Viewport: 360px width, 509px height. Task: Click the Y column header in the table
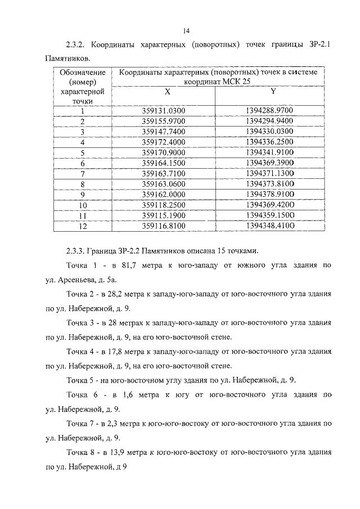pyautogui.click(x=273, y=91)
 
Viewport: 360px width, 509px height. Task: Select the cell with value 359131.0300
pyautogui.click(x=164, y=111)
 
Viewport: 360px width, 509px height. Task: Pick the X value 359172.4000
pyautogui.click(x=164, y=142)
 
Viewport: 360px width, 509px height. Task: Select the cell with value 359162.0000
pyautogui.click(x=164, y=195)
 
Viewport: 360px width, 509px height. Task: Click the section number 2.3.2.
pyautogui.click(x=76, y=45)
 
